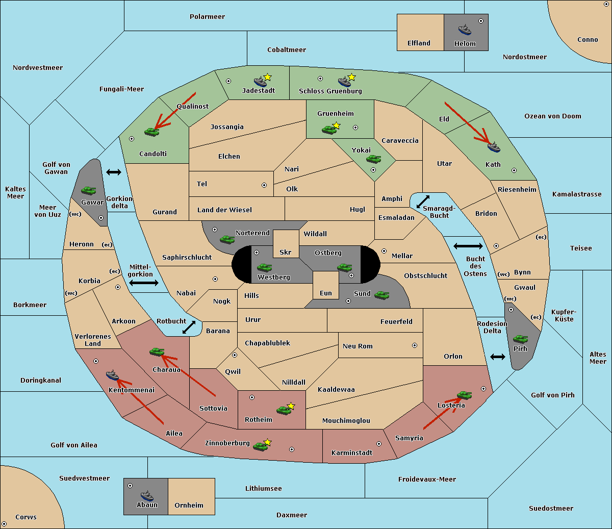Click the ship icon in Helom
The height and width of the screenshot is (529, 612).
465,30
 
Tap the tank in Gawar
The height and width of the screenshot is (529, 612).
89,190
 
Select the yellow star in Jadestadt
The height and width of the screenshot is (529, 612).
267,77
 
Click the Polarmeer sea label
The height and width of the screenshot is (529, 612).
207,17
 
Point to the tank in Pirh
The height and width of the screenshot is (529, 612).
520,339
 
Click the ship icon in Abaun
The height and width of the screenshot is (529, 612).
147,496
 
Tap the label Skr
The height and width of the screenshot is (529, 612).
285,252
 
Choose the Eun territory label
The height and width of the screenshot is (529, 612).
326,293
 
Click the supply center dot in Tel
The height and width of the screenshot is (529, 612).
264,185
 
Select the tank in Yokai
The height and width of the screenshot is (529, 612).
373,159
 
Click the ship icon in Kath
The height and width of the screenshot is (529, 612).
494,147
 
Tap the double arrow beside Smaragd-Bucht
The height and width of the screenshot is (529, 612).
423,201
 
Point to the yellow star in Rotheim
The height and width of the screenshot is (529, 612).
291,406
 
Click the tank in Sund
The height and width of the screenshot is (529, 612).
381,295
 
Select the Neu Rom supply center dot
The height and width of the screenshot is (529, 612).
415,345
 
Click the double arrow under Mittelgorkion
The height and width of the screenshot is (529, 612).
144,283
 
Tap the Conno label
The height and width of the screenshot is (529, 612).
588,40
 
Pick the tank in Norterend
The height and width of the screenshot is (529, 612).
227,240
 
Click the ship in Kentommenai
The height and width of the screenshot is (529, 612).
112,375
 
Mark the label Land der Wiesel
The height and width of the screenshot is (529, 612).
224,210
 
